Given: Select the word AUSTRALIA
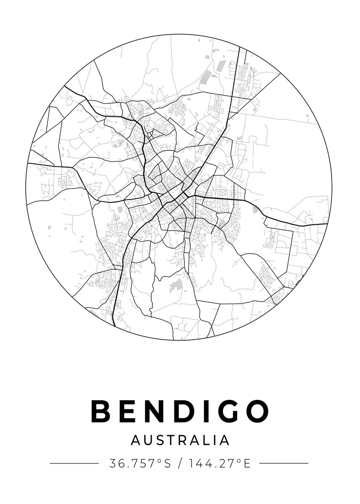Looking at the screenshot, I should tap(180, 440).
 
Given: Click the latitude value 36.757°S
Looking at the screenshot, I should tap(140, 464).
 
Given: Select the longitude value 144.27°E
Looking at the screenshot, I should tap(219, 464).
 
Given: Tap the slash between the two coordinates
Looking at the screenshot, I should tap(180, 464).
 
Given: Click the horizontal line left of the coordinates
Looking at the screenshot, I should tap(74, 464).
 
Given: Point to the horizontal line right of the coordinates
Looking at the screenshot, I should tap(284, 464).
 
